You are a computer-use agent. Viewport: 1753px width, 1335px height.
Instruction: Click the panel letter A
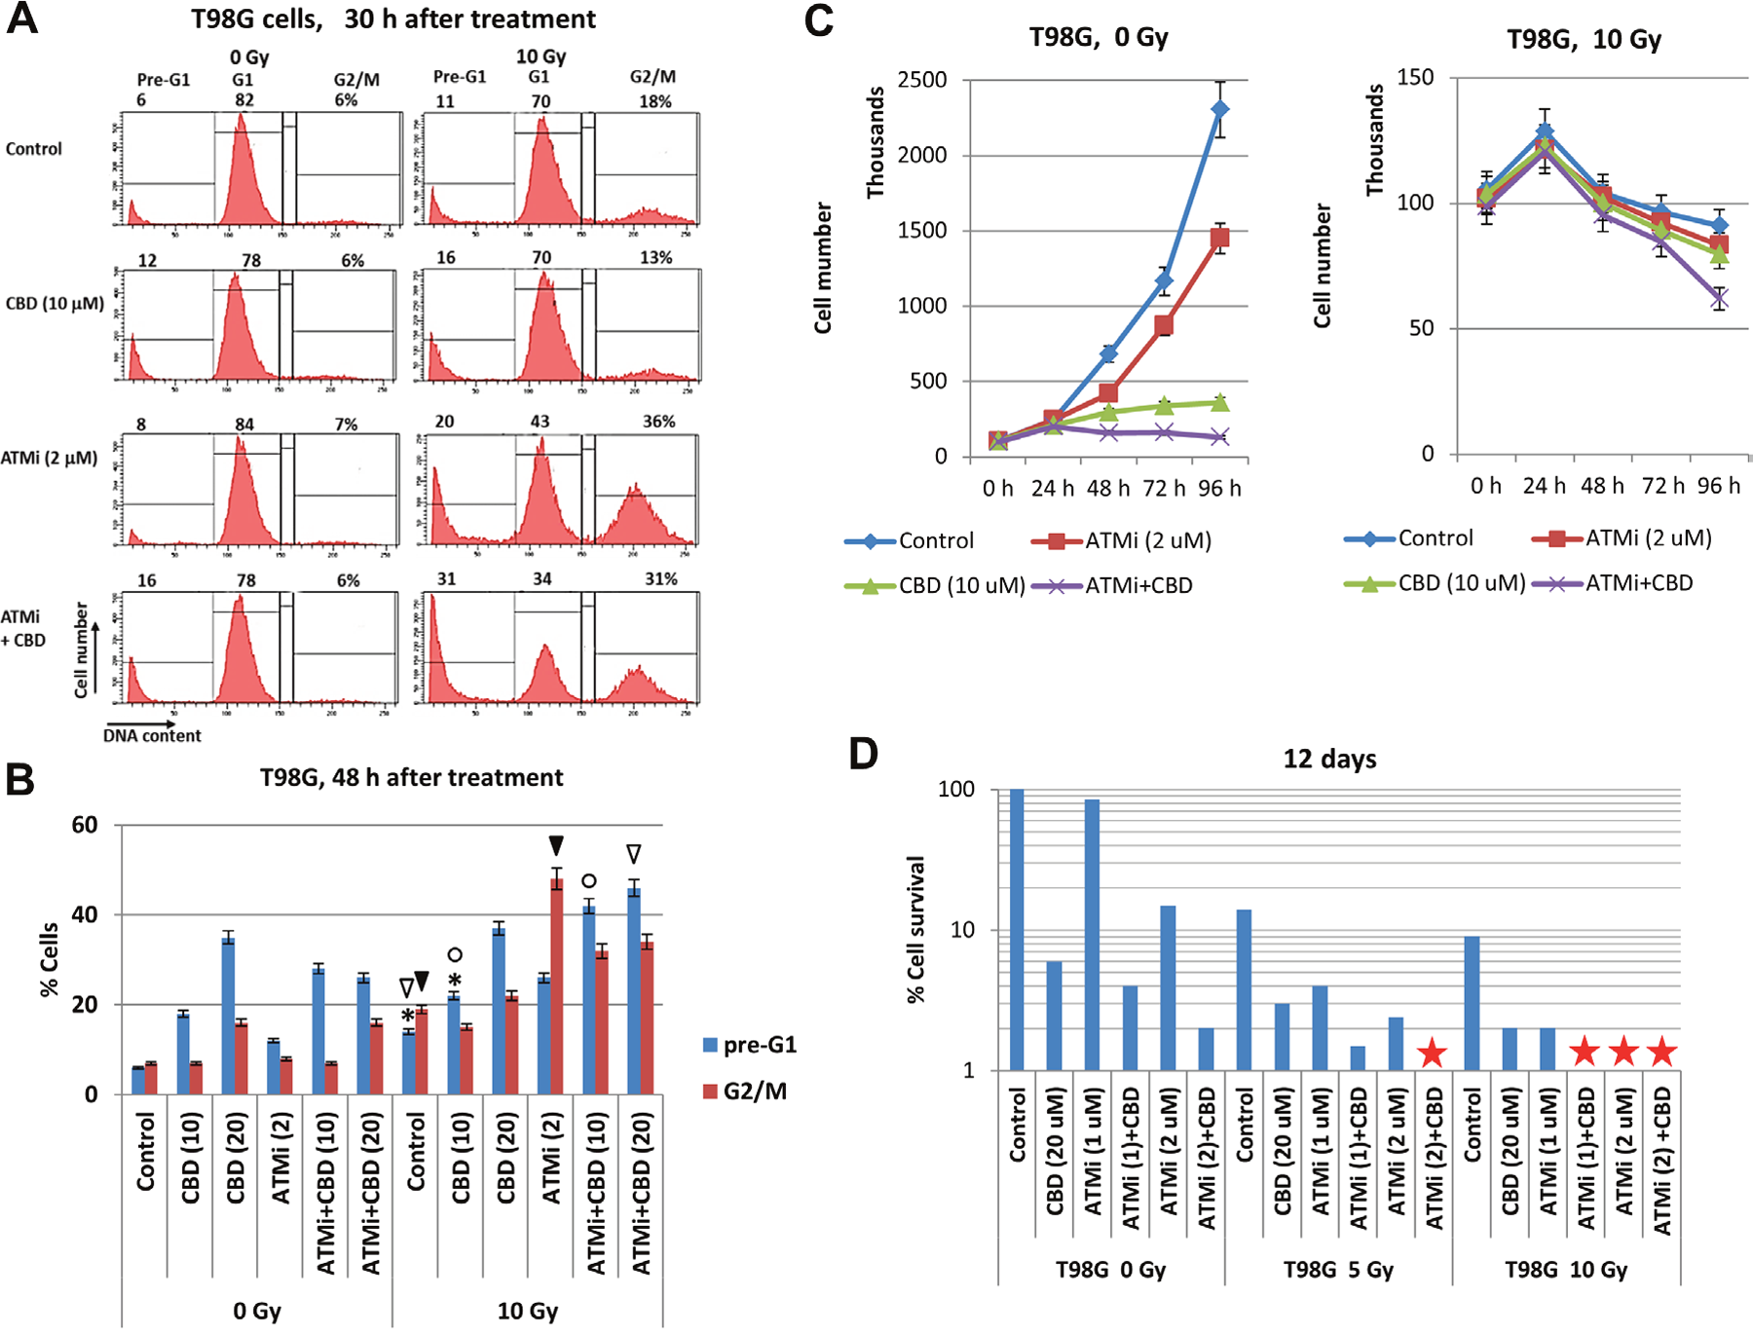(x=22, y=19)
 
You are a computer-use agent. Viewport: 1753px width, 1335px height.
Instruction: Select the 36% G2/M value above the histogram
(x=658, y=422)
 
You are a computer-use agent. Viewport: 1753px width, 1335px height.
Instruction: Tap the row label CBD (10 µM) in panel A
(x=55, y=303)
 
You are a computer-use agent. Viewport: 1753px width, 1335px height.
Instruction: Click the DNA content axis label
(x=152, y=736)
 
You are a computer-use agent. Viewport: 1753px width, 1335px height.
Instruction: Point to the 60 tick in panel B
(x=85, y=825)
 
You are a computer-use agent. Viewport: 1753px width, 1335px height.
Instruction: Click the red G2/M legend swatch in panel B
(x=710, y=1092)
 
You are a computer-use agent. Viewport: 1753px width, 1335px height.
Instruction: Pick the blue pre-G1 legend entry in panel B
(x=750, y=1045)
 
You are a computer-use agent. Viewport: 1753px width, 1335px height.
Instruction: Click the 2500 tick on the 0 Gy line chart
(x=921, y=80)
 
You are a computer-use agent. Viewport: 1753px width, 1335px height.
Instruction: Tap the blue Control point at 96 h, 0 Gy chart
(x=1219, y=109)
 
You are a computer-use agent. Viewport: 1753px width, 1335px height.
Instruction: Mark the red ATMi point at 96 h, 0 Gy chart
(x=1219, y=238)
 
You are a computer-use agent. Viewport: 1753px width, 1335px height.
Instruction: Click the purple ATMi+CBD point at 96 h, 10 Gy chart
(x=1720, y=299)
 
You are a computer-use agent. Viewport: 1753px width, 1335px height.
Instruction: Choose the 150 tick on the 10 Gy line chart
(x=1415, y=77)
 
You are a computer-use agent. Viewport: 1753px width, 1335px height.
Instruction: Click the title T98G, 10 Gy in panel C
(x=1584, y=40)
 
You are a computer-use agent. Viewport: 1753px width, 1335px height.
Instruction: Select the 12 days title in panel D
(x=1329, y=759)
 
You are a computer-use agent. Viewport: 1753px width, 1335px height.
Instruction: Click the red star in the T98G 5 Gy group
(x=1432, y=1053)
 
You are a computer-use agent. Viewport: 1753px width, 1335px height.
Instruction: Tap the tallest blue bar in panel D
(x=1017, y=930)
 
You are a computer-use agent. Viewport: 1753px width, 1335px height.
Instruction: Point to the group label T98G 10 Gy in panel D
(x=1566, y=1270)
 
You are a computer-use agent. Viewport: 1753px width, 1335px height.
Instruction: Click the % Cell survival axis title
(x=915, y=929)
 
